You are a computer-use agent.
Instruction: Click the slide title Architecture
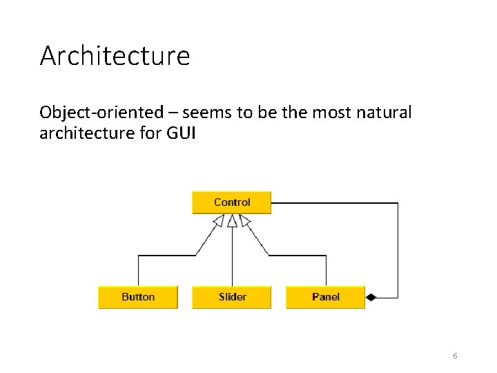click(115, 56)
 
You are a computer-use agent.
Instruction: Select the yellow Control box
click(232, 202)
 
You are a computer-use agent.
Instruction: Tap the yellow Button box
click(138, 297)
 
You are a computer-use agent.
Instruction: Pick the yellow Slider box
click(232, 297)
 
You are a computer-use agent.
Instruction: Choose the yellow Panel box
click(325, 297)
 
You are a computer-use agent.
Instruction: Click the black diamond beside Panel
click(371, 298)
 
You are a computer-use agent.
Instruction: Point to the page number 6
click(455, 356)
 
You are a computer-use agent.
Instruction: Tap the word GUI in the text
click(180, 133)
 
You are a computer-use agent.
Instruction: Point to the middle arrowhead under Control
click(232, 221)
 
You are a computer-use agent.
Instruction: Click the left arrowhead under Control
click(219, 221)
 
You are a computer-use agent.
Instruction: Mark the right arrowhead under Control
click(245, 221)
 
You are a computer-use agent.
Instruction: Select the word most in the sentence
click(335, 112)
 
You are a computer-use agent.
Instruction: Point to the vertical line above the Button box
click(139, 271)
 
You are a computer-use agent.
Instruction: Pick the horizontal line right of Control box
click(335, 203)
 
